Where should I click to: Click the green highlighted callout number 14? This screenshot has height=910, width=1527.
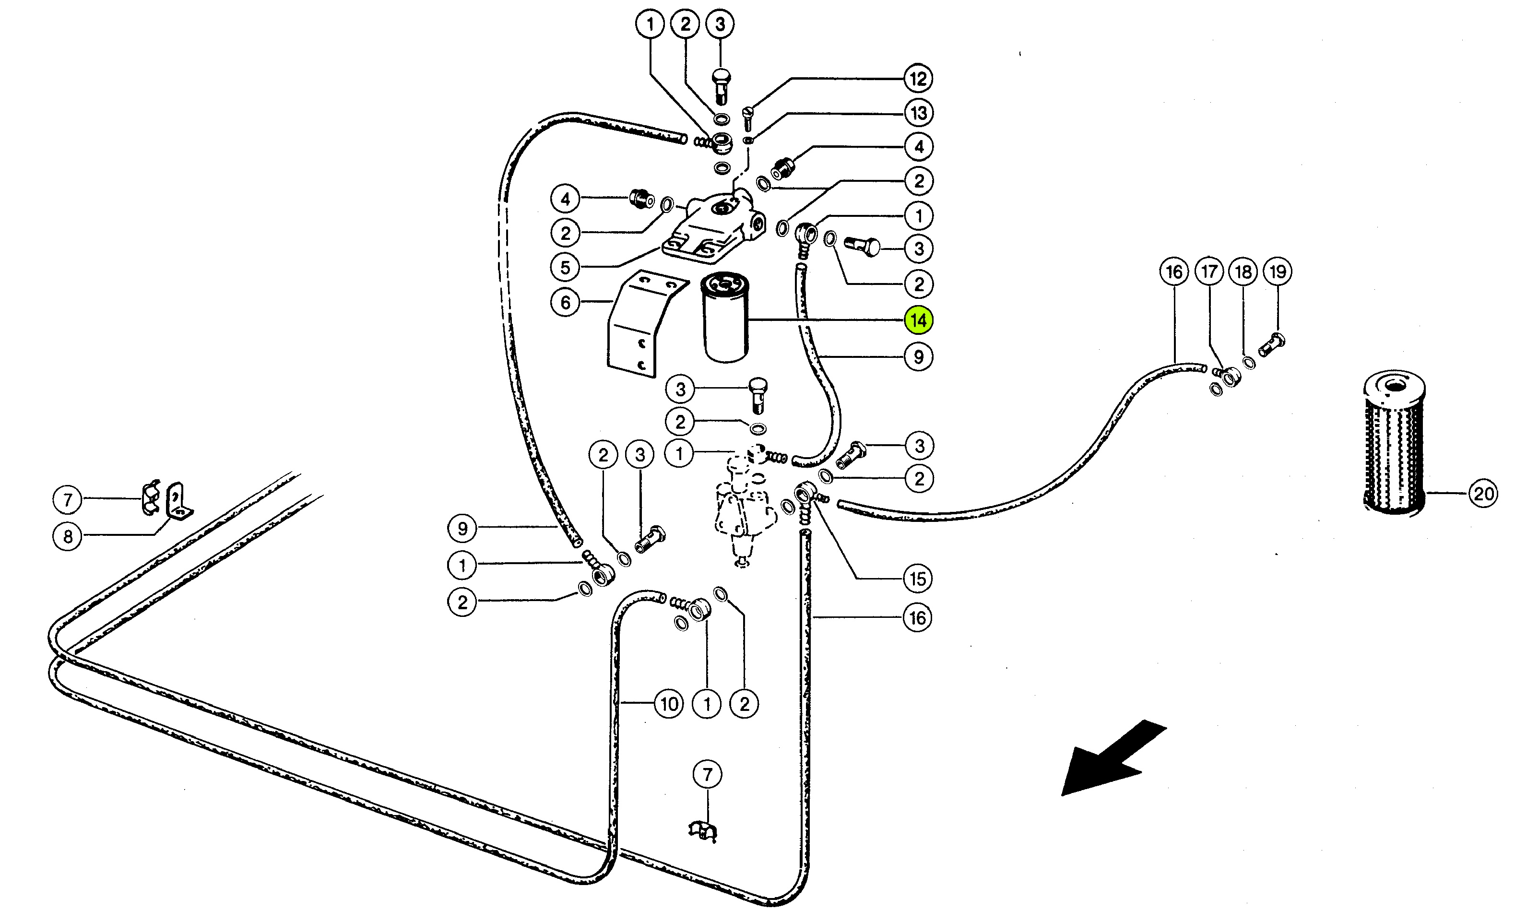918,320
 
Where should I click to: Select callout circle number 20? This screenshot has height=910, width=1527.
1483,494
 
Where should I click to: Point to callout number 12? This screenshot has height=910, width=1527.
918,79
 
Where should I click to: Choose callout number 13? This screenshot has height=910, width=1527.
918,113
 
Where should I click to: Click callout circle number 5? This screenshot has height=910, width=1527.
565,267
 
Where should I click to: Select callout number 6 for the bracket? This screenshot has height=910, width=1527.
565,302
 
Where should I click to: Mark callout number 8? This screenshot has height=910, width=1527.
68,537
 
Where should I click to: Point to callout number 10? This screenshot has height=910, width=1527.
669,703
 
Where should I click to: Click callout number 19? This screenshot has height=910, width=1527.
1278,272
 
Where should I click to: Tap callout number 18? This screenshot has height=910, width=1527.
1243,272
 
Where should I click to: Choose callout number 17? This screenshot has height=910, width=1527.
1209,272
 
